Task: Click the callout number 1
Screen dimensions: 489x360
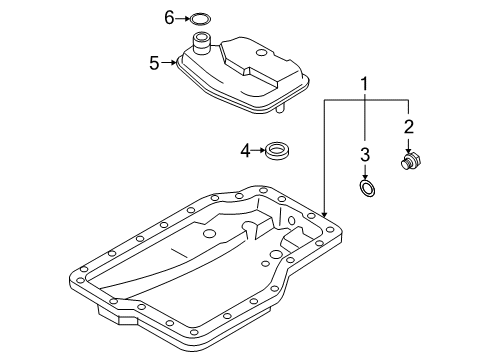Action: pos(364,84)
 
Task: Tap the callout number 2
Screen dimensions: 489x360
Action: pos(409,127)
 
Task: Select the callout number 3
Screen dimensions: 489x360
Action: pos(365,155)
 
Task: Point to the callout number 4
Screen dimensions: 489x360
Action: pos(245,151)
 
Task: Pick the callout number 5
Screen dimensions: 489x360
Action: pos(154,63)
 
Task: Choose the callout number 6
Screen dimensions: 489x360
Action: pos(169,18)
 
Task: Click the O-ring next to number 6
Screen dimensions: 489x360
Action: pos(200,19)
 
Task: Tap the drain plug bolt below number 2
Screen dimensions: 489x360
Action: pos(411,161)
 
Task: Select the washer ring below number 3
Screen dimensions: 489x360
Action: pos(368,189)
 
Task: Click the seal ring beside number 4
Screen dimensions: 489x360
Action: pos(277,151)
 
